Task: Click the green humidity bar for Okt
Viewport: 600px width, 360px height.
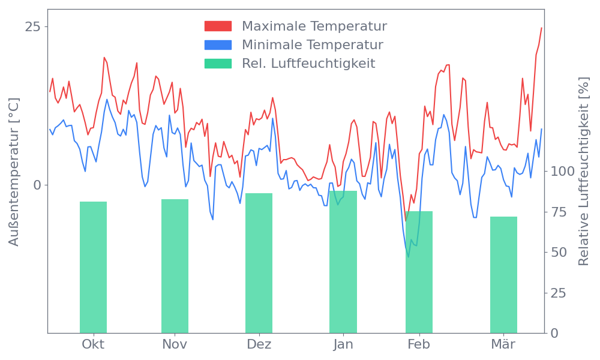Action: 93,267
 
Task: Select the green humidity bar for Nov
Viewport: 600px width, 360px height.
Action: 175,266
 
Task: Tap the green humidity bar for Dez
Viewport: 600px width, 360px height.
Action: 259,263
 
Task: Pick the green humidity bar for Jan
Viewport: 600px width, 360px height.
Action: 343,262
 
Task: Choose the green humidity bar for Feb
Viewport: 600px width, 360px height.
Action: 419,272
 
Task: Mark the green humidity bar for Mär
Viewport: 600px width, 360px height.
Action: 503,274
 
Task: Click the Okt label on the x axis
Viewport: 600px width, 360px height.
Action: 93,344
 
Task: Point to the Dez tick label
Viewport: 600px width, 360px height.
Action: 259,344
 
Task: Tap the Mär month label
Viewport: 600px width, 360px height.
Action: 503,344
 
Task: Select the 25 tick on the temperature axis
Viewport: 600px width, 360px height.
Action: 33,27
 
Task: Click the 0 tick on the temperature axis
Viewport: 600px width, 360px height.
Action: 37,185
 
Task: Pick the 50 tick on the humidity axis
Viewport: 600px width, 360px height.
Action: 559,252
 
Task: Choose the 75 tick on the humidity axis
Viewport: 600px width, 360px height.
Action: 559,212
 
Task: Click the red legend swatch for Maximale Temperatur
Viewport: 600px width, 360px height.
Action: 218,26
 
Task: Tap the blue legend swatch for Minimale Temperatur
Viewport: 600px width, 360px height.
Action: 218,45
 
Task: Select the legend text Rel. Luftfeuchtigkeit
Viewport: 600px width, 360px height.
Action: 308,64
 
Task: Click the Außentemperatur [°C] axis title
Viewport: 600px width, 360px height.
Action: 14,172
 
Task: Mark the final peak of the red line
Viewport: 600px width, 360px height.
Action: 541,28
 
